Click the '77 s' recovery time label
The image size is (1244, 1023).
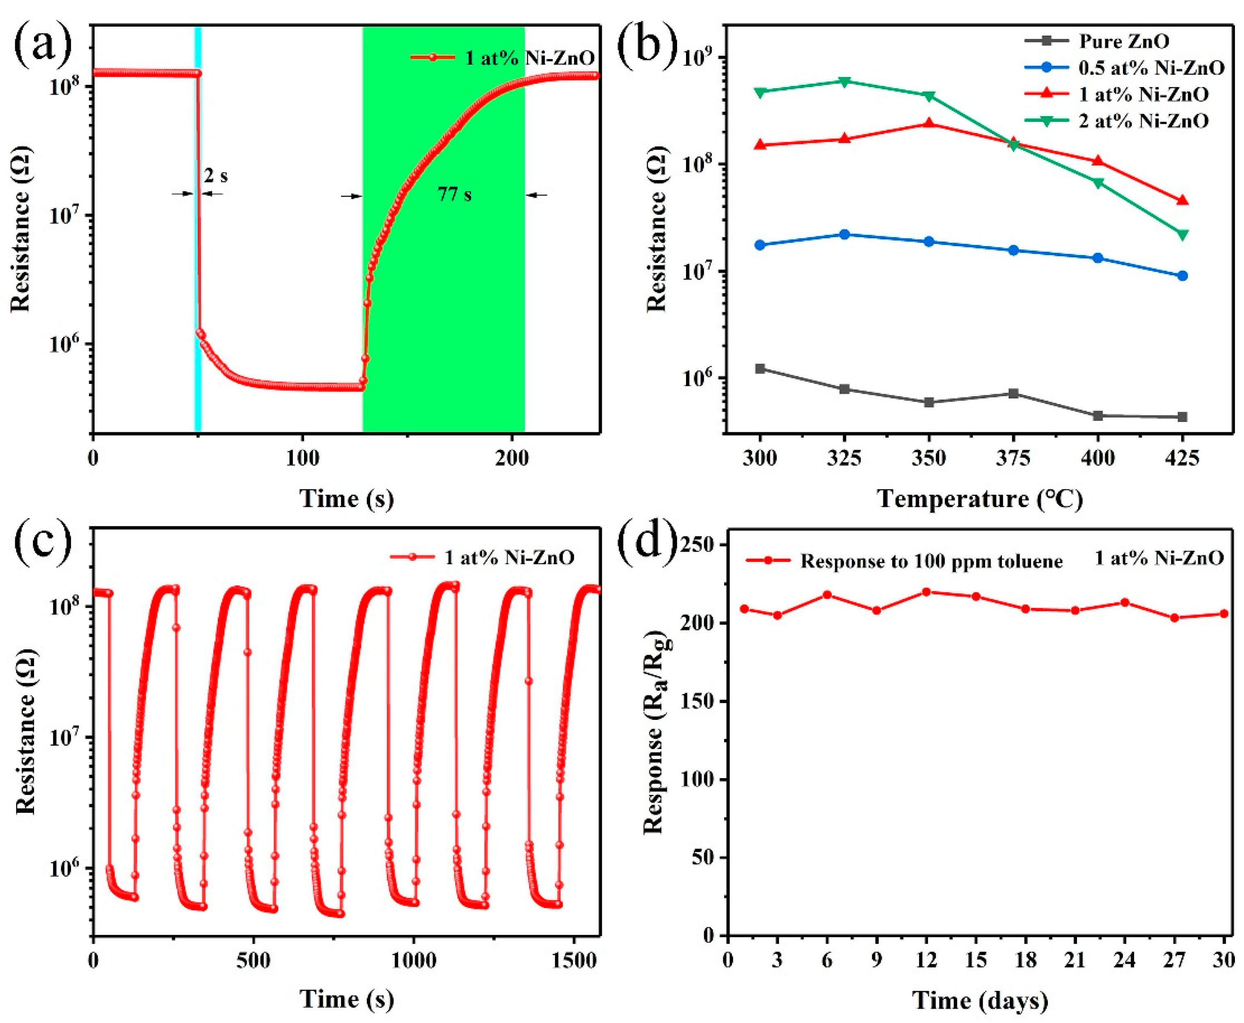tap(454, 194)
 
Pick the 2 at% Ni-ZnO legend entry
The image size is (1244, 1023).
tap(1143, 121)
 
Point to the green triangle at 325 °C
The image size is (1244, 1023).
tap(844, 81)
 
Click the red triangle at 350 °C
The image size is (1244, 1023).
tap(929, 123)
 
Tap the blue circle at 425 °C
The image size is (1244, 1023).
tap(1182, 276)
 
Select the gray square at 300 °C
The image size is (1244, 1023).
tap(760, 369)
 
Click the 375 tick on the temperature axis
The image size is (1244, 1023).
tap(1013, 458)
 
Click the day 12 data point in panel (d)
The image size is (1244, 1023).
tap(926, 591)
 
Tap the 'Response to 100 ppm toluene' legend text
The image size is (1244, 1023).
tap(931, 562)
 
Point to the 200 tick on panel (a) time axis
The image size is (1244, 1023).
tap(512, 458)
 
